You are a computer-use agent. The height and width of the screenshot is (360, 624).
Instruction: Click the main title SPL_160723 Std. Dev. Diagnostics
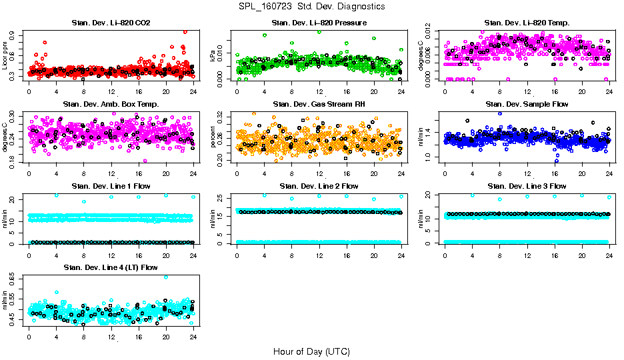pyautogui.click(x=311, y=6)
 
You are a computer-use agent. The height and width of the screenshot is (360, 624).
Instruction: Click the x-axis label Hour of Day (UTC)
pyautogui.click(x=311, y=351)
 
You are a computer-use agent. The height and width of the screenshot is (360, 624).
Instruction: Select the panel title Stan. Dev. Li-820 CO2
pyautogui.click(x=111, y=23)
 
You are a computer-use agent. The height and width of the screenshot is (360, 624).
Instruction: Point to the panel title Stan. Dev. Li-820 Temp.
pyautogui.click(x=527, y=23)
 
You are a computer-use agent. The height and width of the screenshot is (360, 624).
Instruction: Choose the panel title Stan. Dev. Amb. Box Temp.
pyautogui.click(x=111, y=105)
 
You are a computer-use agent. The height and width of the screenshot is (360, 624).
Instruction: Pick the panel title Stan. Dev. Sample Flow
pyautogui.click(x=527, y=105)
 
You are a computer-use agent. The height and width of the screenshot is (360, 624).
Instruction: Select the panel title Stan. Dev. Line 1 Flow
pyautogui.click(x=111, y=186)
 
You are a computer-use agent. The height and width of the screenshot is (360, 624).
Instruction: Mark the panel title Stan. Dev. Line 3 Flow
pyautogui.click(x=527, y=186)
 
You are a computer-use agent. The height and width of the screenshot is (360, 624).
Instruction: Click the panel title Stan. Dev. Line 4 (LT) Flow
pyautogui.click(x=111, y=267)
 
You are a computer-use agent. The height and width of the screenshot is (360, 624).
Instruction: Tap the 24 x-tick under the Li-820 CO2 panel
pyautogui.click(x=193, y=91)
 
